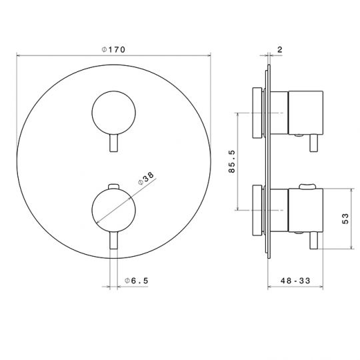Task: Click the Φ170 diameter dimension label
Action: point(113,49)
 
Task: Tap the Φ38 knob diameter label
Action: point(146,179)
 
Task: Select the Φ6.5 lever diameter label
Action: point(137,281)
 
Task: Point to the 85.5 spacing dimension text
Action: point(232,161)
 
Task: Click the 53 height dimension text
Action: point(345,219)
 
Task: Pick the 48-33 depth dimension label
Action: point(295,281)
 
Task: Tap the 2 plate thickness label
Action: point(279,49)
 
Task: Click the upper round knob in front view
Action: point(113,113)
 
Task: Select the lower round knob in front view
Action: point(113,210)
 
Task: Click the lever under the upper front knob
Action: point(113,143)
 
